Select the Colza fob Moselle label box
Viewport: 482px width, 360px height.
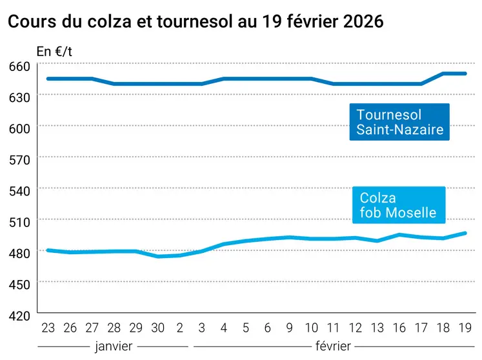tap(398, 205)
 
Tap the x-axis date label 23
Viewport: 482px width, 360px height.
tap(48, 328)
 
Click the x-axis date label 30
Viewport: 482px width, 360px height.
tap(157, 328)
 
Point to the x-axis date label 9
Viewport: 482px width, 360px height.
tap(290, 328)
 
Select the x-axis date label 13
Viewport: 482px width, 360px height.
tap(377, 328)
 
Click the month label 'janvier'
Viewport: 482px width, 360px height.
tap(113, 346)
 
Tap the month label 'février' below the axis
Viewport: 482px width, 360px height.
tap(334, 346)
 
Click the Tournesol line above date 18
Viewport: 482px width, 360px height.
tap(443, 74)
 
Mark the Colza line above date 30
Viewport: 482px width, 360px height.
tap(157, 256)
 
